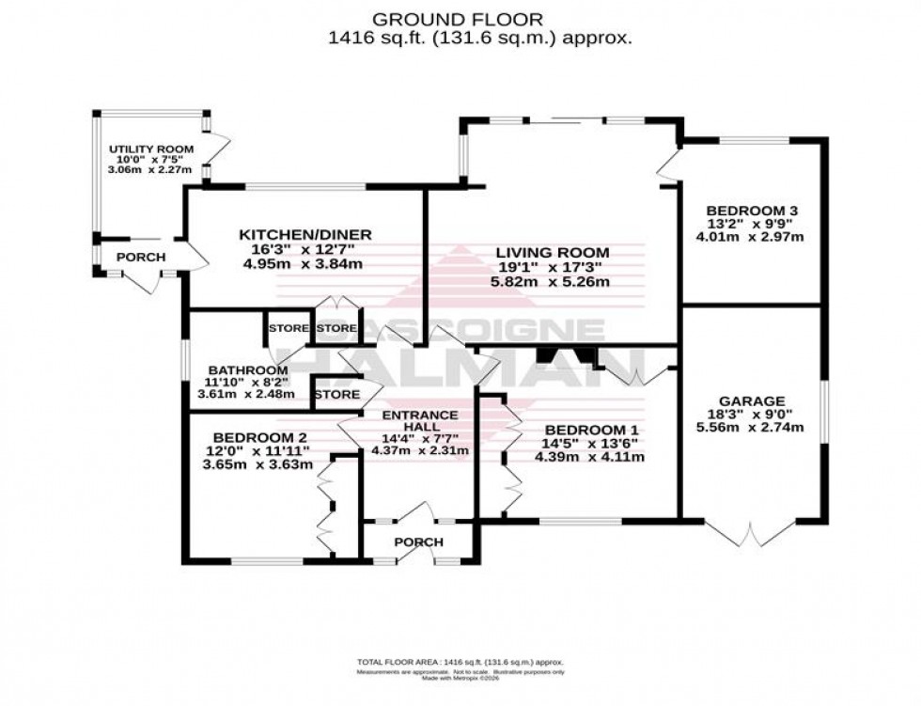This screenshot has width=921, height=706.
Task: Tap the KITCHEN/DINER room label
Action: (x=305, y=234)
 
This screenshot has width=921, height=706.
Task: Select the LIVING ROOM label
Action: (x=553, y=252)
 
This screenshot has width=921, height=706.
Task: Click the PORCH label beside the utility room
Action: (x=141, y=258)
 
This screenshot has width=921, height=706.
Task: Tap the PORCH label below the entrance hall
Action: (x=418, y=542)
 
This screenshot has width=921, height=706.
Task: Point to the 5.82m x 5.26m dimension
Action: (x=553, y=281)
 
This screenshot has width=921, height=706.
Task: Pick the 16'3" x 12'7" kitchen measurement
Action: (x=305, y=249)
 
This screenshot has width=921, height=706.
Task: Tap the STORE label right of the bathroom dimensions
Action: (x=336, y=395)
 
